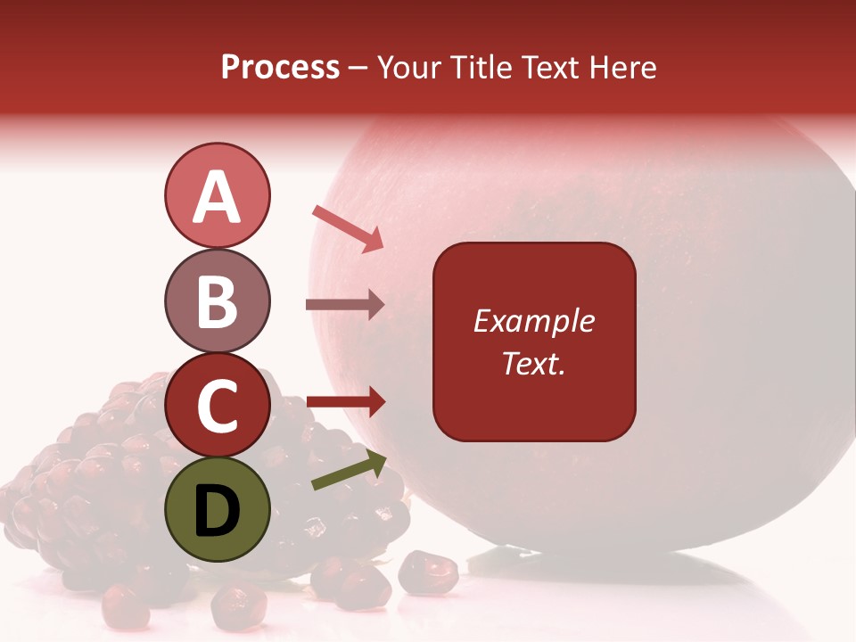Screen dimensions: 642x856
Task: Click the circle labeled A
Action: [217, 195]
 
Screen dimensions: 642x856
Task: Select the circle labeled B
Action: [217, 300]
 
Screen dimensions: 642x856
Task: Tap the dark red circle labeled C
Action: [217, 405]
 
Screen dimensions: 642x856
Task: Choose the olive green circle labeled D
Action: [217, 509]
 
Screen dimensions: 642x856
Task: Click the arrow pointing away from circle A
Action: [348, 228]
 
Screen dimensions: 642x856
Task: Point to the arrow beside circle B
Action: [344, 305]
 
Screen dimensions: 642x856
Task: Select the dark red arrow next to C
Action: [345, 402]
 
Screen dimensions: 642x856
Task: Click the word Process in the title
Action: [280, 67]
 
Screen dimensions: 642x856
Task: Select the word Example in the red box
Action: [533, 321]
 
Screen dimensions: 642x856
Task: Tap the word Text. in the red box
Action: [533, 363]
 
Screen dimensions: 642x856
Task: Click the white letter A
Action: [217, 196]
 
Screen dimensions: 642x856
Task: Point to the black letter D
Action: [217, 511]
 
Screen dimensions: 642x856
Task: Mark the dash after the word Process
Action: [358, 69]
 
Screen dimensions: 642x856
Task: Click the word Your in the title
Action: [409, 67]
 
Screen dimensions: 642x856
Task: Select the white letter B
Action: [217, 301]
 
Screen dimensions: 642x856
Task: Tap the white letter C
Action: [217, 406]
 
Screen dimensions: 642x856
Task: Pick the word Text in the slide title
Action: [548, 67]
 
